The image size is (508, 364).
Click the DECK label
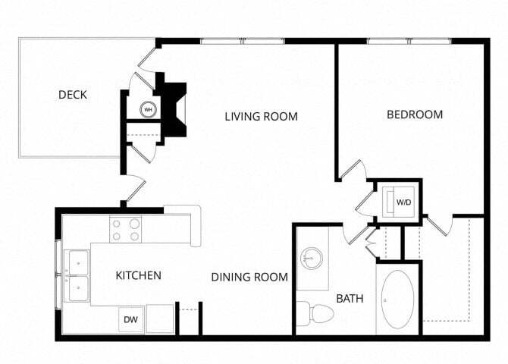(73, 95)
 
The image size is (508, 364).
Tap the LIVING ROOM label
(261, 117)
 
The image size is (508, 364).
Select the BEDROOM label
(415, 115)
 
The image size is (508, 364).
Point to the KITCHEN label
(138, 275)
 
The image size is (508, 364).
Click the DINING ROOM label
(249, 278)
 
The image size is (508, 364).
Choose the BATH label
(350, 299)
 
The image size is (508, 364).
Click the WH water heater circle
(148, 109)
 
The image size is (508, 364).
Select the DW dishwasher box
(131, 320)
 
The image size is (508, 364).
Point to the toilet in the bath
(316, 312)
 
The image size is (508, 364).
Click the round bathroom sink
(311, 259)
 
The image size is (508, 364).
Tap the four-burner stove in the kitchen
(126, 230)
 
